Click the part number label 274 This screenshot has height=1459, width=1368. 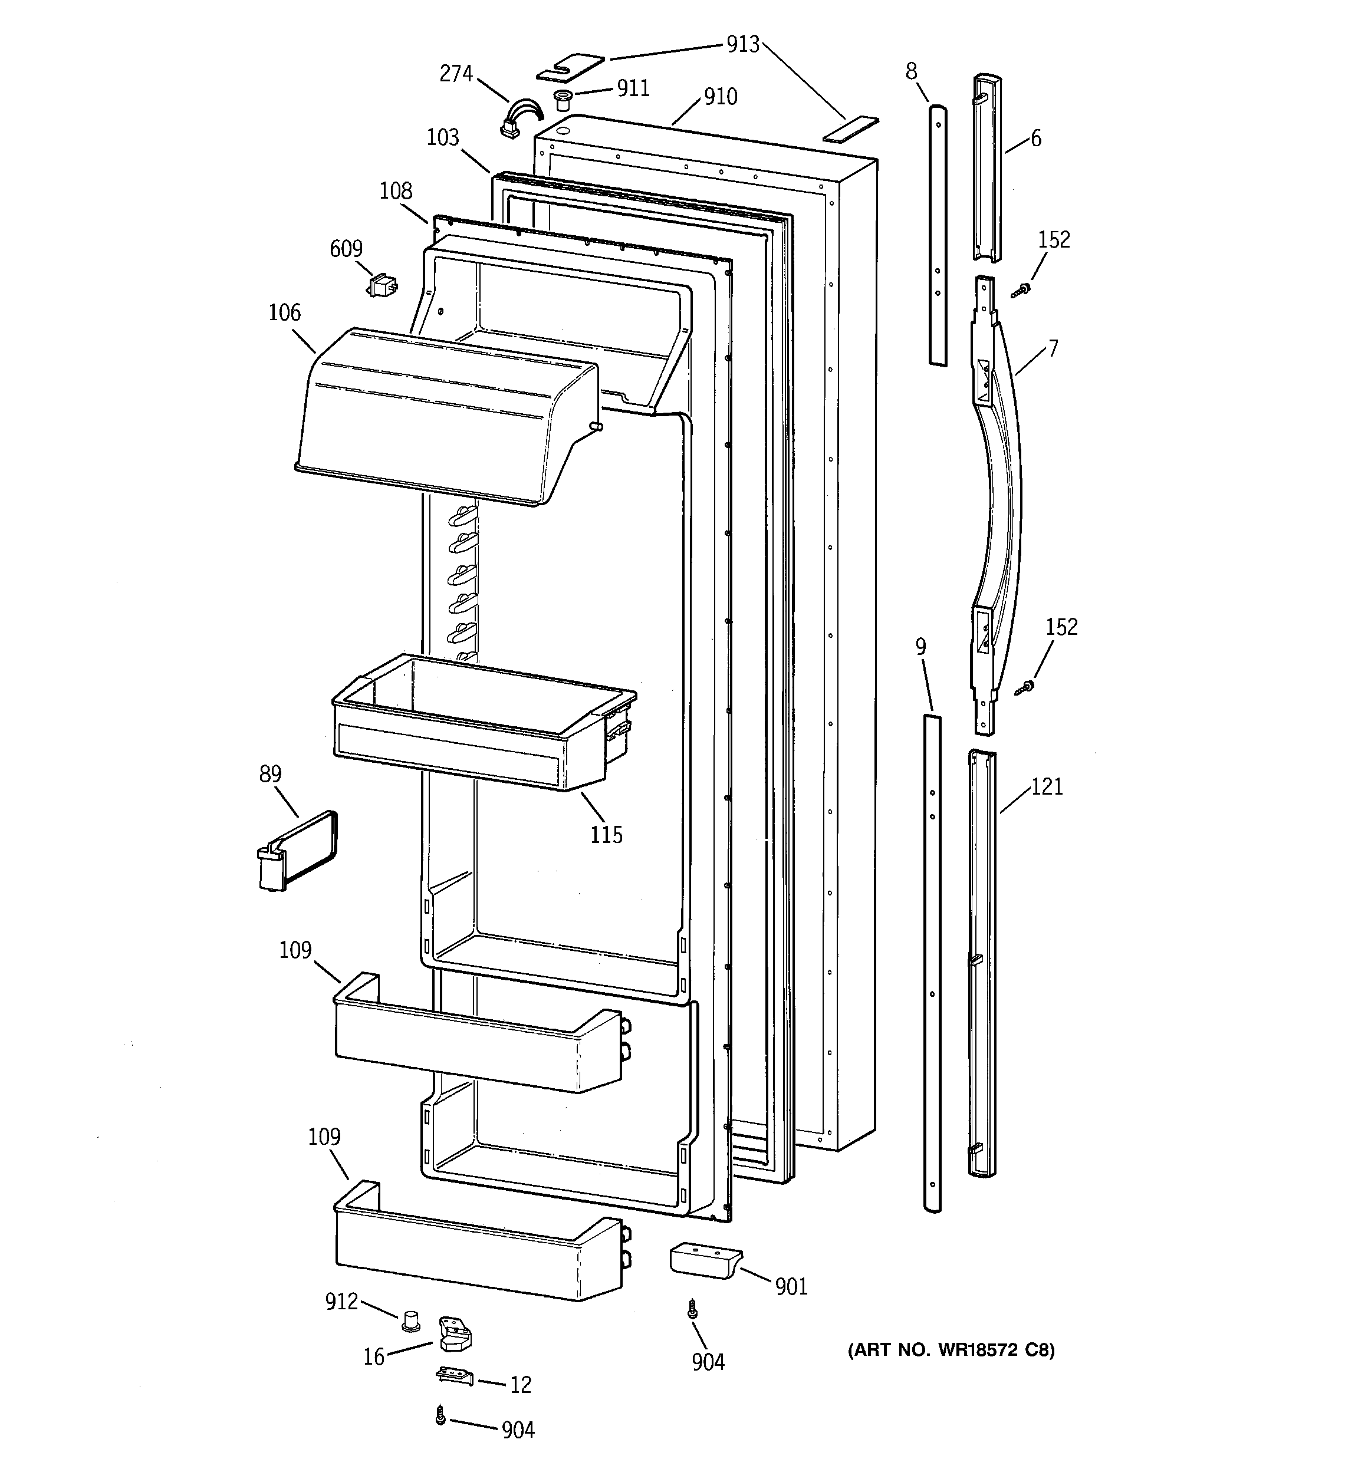tap(455, 73)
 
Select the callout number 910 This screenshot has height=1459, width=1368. tap(721, 96)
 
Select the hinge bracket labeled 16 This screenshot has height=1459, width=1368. tap(455, 1333)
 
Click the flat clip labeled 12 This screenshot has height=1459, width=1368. tap(455, 1377)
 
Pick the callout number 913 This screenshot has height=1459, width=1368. tap(742, 44)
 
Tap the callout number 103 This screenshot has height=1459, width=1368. tap(443, 137)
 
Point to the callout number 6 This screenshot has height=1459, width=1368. tap(1035, 138)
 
